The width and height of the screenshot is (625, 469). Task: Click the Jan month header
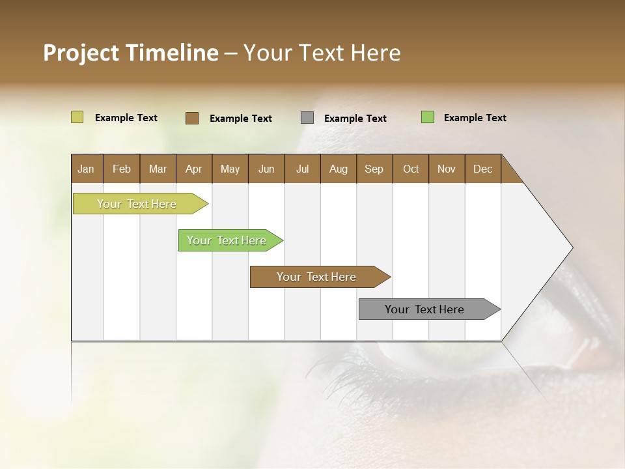point(87,169)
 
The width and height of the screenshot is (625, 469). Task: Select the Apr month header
point(194,169)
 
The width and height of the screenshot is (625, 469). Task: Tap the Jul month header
point(303,169)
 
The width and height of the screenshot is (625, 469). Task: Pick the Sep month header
point(374,169)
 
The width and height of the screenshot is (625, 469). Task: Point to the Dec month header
point(483,169)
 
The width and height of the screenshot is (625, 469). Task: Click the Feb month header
point(122,169)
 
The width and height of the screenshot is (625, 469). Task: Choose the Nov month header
point(447,169)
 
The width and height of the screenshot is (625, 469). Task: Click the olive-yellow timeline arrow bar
point(137,204)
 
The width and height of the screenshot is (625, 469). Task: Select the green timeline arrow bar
point(227,240)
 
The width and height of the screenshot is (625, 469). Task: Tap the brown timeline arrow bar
point(317,277)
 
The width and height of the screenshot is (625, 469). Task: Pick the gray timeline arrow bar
point(425,309)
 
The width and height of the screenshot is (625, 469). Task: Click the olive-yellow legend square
point(77,117)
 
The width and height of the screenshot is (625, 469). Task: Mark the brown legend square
point(192,118)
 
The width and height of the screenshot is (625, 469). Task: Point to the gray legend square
point(307,118)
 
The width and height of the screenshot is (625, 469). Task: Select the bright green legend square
point(428,117)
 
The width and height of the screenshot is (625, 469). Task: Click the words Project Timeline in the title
point(131,53)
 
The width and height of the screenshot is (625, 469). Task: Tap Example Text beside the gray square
point(355,119)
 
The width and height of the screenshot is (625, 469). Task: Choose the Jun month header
point(266,169)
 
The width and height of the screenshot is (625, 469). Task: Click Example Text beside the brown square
point(241,119)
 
